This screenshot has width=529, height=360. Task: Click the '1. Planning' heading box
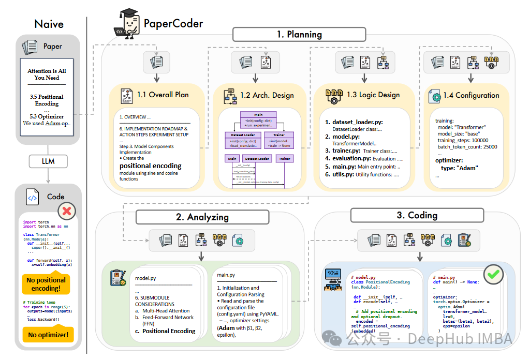pos(299,35)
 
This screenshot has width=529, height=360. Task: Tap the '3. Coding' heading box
pos(417,215)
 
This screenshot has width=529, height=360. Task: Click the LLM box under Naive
pos(49,162)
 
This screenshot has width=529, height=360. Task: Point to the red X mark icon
pos(68,210)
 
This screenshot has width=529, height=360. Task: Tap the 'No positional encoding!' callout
pos(46,284)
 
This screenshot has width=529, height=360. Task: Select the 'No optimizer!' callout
pos(48,335)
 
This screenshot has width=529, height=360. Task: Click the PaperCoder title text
pos(173,23)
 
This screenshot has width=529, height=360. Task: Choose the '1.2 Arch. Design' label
pos(267,95)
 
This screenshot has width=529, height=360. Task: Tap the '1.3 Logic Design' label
pos(373,95)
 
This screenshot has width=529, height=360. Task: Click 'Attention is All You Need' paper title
pos(47,74)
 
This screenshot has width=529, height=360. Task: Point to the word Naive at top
pos(49,24)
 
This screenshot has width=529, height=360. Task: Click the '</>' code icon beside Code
pos(32,197)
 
